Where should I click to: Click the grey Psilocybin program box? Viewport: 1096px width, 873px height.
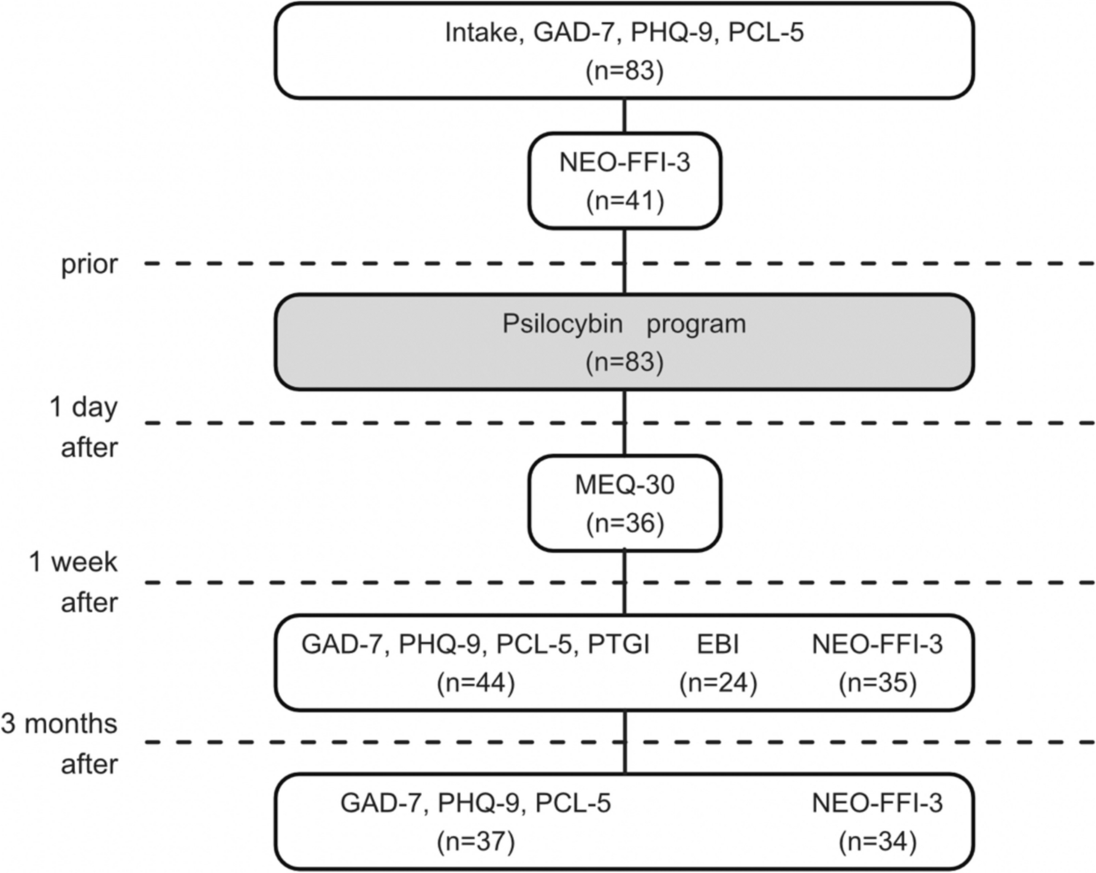[624, 342]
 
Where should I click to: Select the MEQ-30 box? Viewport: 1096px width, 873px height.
[624, 503]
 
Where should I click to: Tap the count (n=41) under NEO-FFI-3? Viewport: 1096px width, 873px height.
[625, 201]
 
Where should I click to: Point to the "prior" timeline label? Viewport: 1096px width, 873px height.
[89, 264]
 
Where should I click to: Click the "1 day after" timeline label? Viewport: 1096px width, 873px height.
[84, 426]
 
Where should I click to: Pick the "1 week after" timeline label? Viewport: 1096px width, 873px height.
[74, 582]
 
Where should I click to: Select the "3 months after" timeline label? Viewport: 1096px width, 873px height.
[60, 743]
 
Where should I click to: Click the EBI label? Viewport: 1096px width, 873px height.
[718, 645]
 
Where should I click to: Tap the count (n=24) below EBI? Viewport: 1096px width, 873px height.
[718, 682]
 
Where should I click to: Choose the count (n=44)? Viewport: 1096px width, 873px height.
[475, 682]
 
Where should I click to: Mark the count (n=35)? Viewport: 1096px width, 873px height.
[877, 682]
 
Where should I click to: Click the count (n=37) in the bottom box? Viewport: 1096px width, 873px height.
[475, 842]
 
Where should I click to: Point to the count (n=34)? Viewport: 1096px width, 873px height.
[877, 842]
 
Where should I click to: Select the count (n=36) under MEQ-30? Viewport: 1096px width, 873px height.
[625, 523]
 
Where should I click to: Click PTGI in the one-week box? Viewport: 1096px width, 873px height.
[618, 645]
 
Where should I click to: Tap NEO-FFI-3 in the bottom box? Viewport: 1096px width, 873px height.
[877, 804]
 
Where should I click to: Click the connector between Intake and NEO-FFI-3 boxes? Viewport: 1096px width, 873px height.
[624, 115]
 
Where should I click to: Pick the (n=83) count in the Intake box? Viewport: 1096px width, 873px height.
[624, 72]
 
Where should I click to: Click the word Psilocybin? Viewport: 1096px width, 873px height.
[562, 323]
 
